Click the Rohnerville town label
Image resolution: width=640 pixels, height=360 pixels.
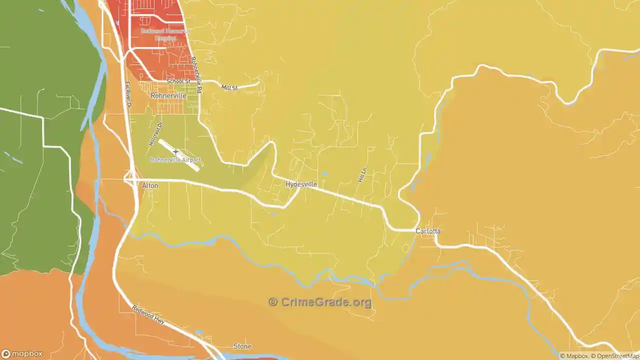(x=168, y=95)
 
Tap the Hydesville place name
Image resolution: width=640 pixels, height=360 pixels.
(x=301, y=184)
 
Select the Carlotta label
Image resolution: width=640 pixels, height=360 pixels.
(x=428, y=231)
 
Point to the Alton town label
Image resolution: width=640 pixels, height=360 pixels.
(x=150, y=185)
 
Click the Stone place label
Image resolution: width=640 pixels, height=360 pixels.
(x=242, y=346)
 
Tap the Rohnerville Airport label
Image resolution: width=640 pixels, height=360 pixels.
(x=175, y=160)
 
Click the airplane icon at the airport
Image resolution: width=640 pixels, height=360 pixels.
(x=175, y=151)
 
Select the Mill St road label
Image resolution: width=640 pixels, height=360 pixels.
(x=229, y=87)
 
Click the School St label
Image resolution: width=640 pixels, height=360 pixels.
(x=178, y=81)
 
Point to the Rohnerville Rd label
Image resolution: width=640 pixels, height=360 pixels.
(x=196, y=75)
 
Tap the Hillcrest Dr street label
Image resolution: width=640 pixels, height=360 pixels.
(x=156, y=134)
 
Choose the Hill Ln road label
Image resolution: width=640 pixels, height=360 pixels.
(x=362, y=175)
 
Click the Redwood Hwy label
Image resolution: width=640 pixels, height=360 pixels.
(x=148, y=315)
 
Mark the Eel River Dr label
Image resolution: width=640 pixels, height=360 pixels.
(x=127, y=95)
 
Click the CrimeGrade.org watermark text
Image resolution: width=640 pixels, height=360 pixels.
(x=326, y=302)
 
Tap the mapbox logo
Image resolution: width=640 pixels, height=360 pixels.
(x=22, y=353)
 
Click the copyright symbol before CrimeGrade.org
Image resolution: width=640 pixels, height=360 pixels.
(x=273, y=302)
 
